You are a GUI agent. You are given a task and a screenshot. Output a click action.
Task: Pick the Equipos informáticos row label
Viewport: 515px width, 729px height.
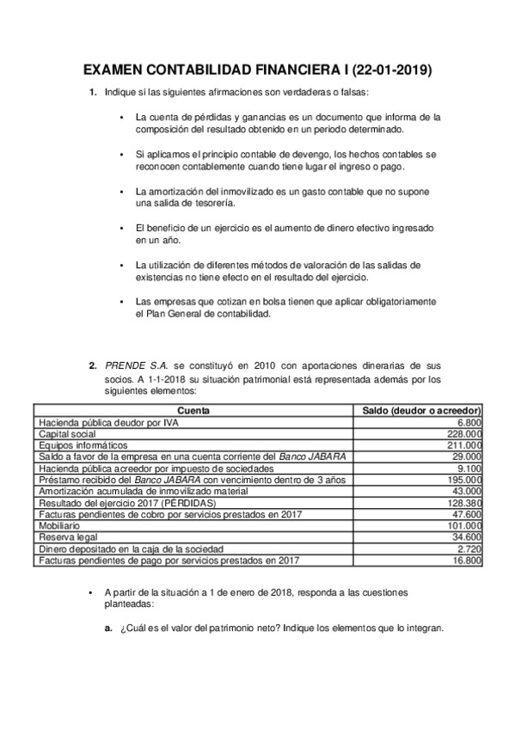coord(83,445)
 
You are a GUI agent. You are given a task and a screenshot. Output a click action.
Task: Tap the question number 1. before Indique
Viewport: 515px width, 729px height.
coord(92,92)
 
